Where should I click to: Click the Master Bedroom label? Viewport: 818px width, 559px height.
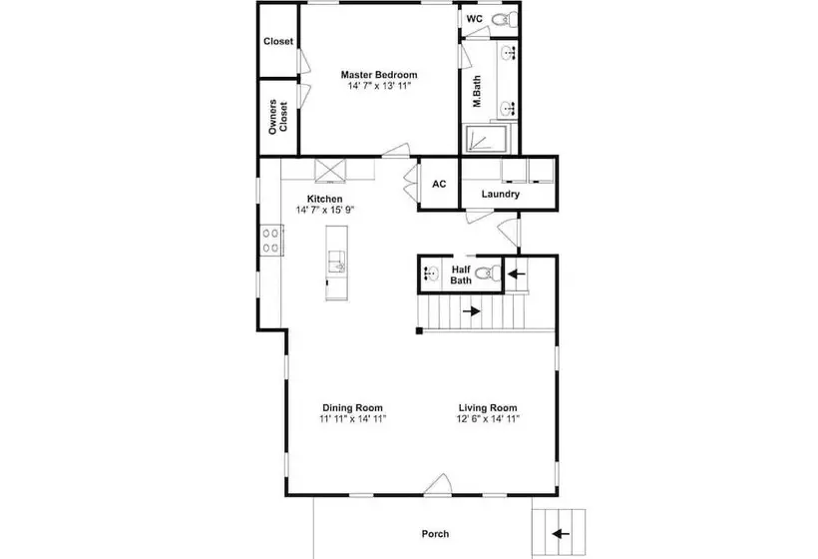tap(379, 75)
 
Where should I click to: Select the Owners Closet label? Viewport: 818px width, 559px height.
tap(278, 117)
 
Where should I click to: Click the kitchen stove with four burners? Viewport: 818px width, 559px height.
tap(271, 241)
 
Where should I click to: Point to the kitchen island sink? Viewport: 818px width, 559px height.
tap(336, 261)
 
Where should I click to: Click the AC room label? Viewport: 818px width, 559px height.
tap(439, 184)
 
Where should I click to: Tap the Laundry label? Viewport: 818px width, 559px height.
tap(501, 195)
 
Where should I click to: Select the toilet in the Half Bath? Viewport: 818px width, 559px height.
tap(488, 273)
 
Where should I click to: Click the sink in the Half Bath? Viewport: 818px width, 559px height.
tap(430, 273)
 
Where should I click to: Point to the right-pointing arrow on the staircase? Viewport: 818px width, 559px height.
tap(471, 311)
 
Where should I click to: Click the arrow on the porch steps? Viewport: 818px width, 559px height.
tap(561, 533)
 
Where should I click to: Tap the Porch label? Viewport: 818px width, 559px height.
tap(435, 534)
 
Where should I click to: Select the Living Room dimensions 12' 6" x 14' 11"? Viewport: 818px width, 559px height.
tap(488, 418)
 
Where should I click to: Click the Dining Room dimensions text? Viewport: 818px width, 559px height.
tap(353, 418)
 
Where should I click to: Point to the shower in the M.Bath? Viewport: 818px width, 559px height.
tap(486, 139)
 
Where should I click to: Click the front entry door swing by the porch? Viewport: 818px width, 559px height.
tap(437, 484)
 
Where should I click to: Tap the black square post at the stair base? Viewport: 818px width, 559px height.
tap(419, 330)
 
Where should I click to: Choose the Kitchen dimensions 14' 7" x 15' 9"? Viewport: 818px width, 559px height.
tap(325, 210)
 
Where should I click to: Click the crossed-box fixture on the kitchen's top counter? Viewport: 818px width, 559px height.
tap(330, 170)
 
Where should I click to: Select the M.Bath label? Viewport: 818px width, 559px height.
tap(477, 92)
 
